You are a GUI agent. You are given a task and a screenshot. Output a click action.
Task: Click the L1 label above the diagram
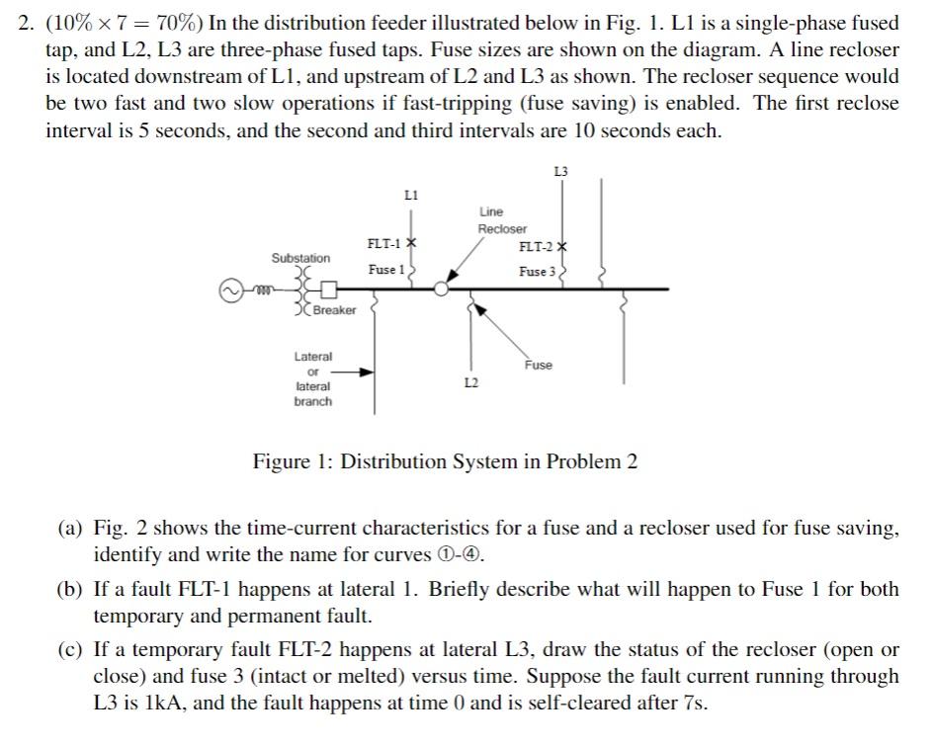[412, 196]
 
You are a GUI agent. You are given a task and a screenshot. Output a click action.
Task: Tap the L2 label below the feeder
[470, 381]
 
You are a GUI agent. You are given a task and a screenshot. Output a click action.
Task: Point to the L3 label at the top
[561, 171]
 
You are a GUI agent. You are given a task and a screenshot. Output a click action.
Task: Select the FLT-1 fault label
[383, 243]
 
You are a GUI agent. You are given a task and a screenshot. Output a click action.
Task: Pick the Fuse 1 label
[386, 270]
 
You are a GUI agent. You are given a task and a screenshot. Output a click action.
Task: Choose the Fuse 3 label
[539, 272]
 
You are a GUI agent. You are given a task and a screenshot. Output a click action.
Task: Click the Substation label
[301, 258]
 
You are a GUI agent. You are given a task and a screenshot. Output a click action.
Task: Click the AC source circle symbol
[230, 291]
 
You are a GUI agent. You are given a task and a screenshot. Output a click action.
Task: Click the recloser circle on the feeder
[442, 289]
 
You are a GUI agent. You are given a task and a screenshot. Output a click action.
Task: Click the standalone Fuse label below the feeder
[539, 365]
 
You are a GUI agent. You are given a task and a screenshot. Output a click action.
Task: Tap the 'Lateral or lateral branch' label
[313, 378]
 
